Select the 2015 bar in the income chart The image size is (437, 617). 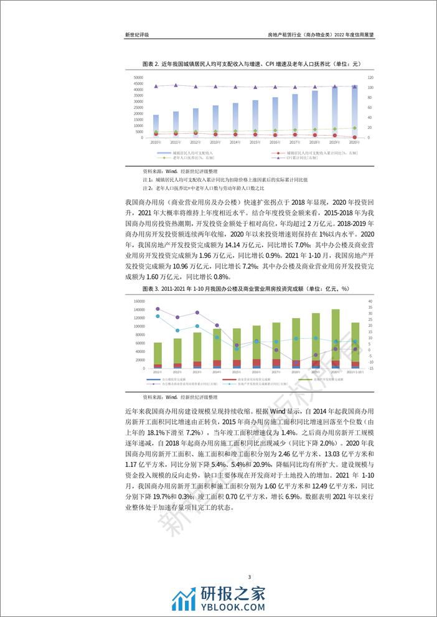[x=255, y=118]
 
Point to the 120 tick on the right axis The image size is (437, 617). [x=370, y=77]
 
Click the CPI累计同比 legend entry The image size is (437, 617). [x=305, y=158]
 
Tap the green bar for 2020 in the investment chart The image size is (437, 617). [x=335, y=335]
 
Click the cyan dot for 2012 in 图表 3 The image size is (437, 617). [x=177, y=331]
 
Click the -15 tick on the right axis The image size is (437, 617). [x=370, y=368]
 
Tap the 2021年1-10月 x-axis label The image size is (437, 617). [x=355, y=372]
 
